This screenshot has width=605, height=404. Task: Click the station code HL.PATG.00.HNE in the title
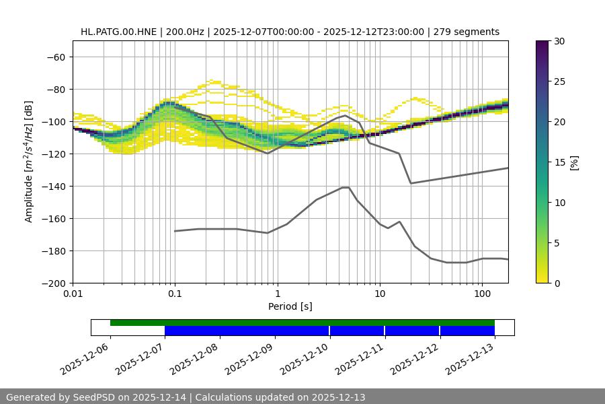[119, 32]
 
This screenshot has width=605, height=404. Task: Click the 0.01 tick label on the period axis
[73, 294]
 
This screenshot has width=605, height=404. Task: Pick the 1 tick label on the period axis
[277, 294]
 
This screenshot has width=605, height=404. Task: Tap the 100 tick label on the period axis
[482, 294]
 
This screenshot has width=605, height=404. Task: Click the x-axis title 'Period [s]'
[290, 306]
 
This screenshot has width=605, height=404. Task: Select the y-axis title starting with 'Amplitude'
[28, 162]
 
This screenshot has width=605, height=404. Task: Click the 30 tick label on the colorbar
[559, 41]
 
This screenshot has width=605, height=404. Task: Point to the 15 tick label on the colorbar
[559, 162]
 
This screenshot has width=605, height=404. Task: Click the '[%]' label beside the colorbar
[574, 162]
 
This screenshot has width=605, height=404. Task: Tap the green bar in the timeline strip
[302, 323]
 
